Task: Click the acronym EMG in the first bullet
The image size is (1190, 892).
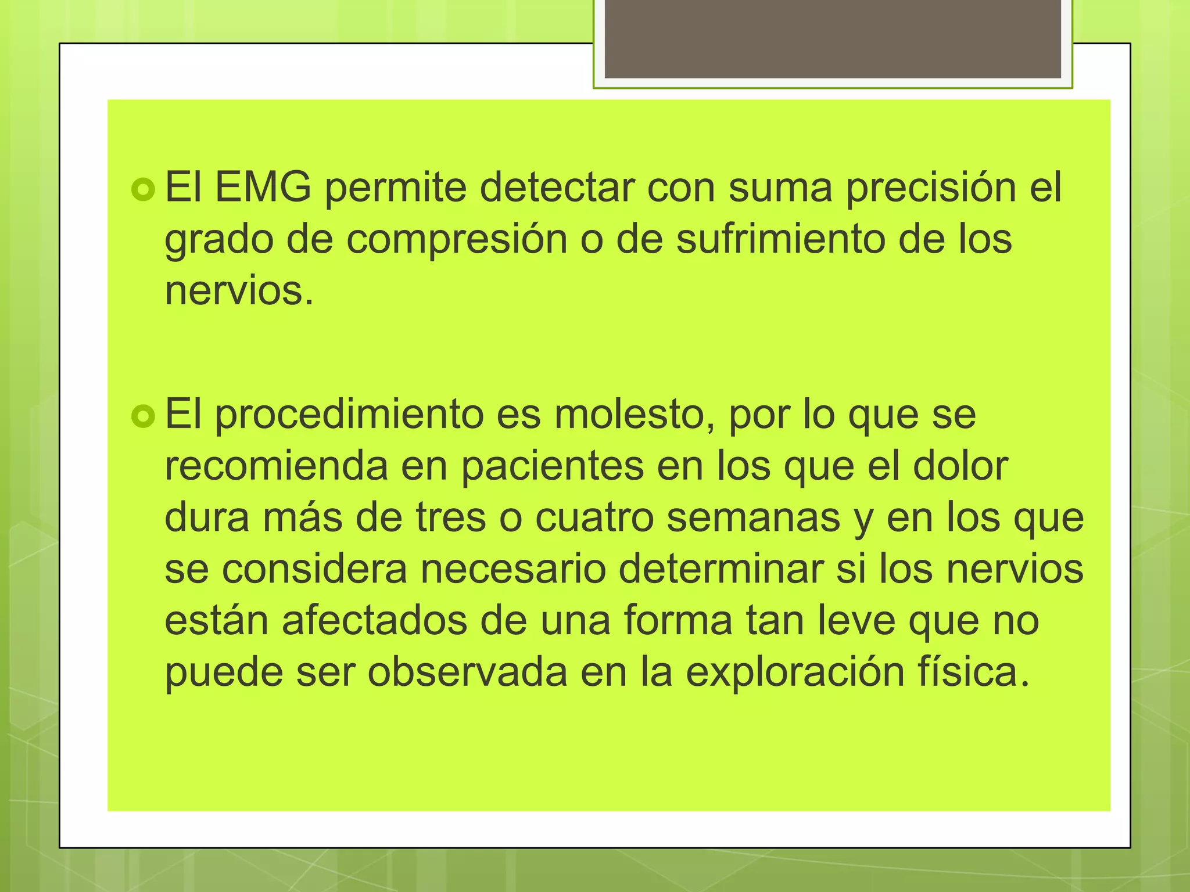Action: coord(263,187)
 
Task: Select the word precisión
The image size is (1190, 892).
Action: coord(930,188)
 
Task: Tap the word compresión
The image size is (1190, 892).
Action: coord(457,240)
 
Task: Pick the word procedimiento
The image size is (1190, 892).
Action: coord(349,415)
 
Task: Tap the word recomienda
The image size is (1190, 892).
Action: coord(276,466)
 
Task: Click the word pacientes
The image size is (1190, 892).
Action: coord(552,467)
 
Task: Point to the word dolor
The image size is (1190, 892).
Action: coord(960,466)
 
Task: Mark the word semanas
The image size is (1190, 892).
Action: coord(753,517)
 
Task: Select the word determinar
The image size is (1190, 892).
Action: coord(721,569)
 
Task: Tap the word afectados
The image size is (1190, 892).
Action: coord(374,620)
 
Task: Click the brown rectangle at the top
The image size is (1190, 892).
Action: coord(833,38)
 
